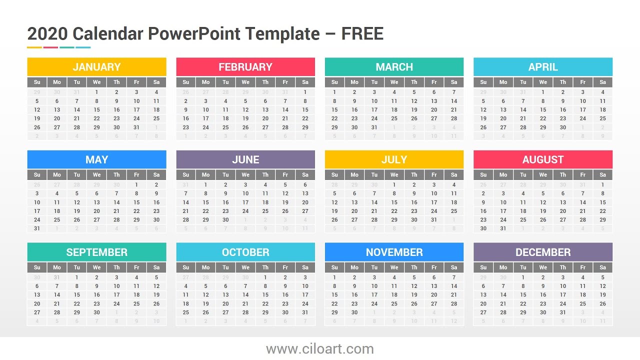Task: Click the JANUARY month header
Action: tap(96, 67)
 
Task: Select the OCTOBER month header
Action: tap(245, 252)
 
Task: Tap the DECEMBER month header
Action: tap(543, 252)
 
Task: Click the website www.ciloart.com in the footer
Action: tap(320, 349)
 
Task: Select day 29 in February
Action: tap(305, 127)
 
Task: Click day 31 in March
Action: tap(374, 127)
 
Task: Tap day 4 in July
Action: tap(454, 184)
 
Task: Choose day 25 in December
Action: tap(582, 303)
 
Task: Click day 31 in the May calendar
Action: tap(37, 228)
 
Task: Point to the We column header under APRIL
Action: tap(543, 82)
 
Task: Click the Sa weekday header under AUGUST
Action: tap(602, 174)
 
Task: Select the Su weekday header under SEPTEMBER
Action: tap(37, 267)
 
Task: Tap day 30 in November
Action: tap(354, 312)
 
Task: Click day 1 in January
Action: tap(96, 92)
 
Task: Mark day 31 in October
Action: tap(305, 312)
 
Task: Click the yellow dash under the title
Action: tap(34, 47)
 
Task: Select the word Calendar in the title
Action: tap(107, 34)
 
